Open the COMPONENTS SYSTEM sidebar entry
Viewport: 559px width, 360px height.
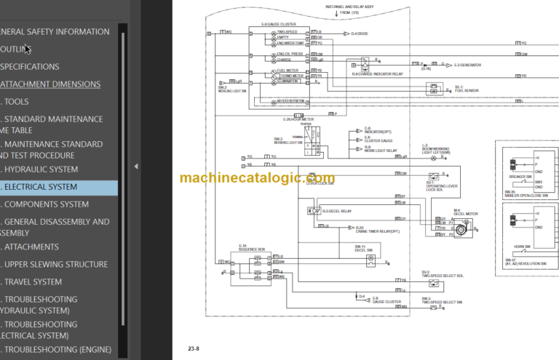point(47,205)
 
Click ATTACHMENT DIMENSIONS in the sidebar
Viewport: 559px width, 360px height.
point(50,84)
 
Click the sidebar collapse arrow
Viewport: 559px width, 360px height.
point(136,167)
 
